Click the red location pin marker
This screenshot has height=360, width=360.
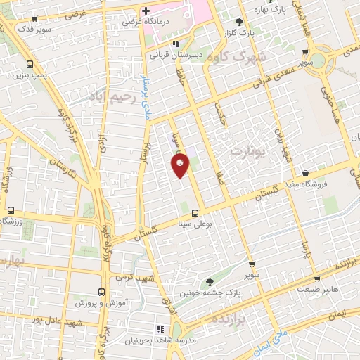click(181, 165)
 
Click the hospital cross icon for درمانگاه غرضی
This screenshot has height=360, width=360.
click(146, 11)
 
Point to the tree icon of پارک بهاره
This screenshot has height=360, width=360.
click(239, 21)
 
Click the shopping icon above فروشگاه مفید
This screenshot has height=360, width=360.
click(305, 173)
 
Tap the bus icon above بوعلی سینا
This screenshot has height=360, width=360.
click(195, 212)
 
